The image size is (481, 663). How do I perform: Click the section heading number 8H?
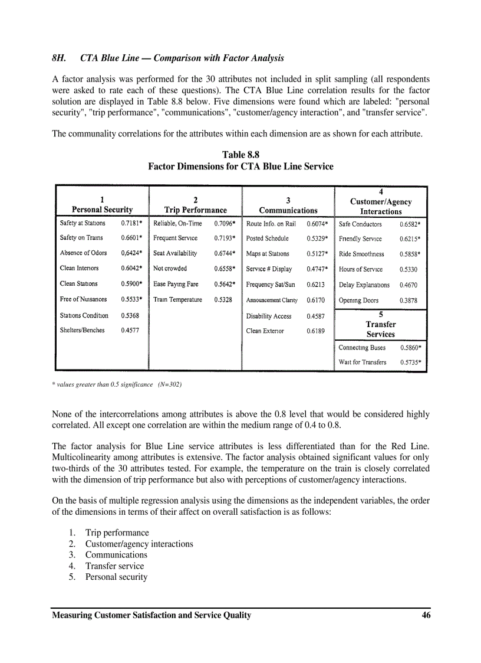58,58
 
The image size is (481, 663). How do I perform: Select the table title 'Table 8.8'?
240,155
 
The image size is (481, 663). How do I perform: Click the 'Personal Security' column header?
102,210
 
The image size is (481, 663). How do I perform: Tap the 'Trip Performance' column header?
195,210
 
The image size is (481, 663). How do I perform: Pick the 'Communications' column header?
288,210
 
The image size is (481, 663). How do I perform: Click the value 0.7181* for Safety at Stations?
131,224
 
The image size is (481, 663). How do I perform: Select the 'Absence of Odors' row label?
83,253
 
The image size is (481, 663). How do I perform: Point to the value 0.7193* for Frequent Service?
225,239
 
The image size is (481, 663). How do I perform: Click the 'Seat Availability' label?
175,254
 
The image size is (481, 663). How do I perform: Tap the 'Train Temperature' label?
177,299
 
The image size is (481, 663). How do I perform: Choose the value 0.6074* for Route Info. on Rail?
317,224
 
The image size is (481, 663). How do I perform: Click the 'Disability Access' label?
269,316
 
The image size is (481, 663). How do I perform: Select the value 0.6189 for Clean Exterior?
315,331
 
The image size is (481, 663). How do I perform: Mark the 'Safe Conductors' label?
360,224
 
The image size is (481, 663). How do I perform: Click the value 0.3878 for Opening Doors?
408,301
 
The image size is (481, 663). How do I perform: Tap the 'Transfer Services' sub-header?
381,329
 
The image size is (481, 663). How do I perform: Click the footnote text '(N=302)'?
169,385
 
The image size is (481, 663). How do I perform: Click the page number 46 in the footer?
426,615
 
